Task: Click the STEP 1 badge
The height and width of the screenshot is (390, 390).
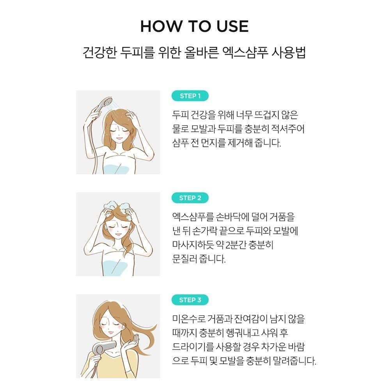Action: [x=190, y=96]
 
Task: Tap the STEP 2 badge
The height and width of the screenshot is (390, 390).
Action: [x=190, y=198]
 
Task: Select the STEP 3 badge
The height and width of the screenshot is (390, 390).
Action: [x=190, y=300]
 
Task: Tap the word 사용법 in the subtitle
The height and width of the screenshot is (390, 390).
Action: [x=289, y=53]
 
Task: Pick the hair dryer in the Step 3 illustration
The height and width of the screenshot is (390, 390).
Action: [x=103, y=348]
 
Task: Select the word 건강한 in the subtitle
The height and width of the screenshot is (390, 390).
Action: [x=99, y=53]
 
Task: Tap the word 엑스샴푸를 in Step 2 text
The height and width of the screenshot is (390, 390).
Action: [x=193, y=217]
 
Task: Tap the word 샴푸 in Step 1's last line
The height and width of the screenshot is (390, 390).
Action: [x=180, y=143]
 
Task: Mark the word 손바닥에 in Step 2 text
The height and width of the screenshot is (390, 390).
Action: [x=232, y=217]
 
